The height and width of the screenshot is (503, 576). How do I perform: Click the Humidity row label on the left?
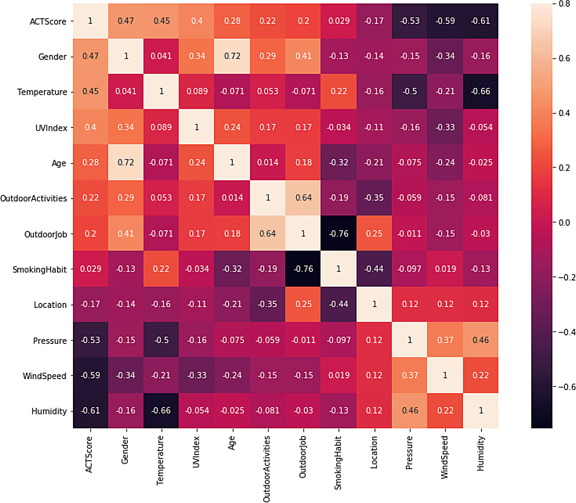coord(49,411)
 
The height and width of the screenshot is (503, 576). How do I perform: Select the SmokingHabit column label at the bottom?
coord(338,463)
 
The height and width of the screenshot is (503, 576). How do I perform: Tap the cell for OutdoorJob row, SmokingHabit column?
coord(339,233)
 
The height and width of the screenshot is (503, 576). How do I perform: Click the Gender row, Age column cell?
coord(232,56)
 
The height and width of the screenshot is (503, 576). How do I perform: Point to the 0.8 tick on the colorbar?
coord(564,4)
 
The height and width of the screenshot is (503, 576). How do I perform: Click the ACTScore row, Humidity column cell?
coord(480,21)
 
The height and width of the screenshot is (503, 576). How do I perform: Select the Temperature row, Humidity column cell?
coord(480,91)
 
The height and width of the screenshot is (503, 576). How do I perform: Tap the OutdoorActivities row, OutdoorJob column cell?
coord(303,198)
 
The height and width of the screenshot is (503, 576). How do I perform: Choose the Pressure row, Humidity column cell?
coord(480,340)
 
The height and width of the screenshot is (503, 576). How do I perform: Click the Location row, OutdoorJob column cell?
coord(303,304)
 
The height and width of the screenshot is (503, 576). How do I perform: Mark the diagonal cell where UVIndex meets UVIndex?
coord(197,127)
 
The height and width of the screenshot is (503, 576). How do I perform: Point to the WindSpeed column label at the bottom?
coord(445,457)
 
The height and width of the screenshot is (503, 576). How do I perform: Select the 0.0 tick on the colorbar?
coord(564,223)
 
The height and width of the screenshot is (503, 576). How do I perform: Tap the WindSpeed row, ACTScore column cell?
coord(90,375)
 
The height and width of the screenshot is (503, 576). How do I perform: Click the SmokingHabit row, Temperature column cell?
coord(161,269)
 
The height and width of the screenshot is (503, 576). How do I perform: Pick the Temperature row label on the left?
coord(42,92)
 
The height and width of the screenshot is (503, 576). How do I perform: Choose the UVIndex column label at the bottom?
coord(196,452)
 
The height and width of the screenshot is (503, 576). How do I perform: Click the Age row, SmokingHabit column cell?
coord(339,162)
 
